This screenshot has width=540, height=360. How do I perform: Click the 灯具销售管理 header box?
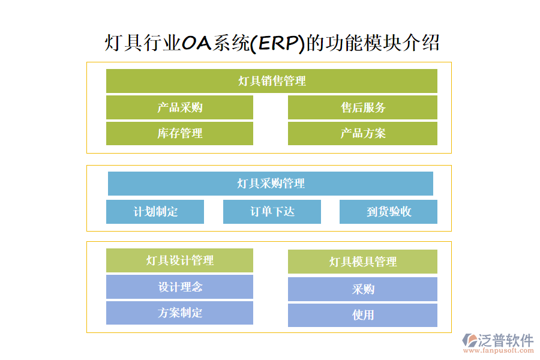pyautogui.click(x=271, y=81)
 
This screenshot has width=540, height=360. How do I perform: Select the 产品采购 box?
pyautogui.click(x=179, y=107)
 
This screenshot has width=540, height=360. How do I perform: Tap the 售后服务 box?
pyautogui.click(x=362, y=107)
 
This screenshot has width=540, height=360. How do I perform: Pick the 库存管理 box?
pyautogui.click(x=179, y=133)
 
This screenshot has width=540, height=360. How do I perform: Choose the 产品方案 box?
pyautogui.click(x=362, y=133)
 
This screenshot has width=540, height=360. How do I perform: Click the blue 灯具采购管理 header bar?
pyautogui.click(x=270, y=184)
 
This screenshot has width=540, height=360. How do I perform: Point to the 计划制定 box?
pyautogui.click(x=155, y=212)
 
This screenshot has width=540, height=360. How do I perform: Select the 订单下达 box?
pyautogui.click(x=272, y=212)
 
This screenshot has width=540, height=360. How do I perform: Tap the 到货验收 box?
pyautogui.click(x=388, y=212)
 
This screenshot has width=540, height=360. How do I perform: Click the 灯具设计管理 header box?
pyautogui.click(x=179, y=260)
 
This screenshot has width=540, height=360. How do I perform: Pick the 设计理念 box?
pyautogui.click(x=179, y=287)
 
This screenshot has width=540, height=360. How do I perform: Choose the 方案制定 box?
pyautogui.click(x=179, y=313)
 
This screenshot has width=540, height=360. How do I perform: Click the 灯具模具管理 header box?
pyautogui.click(x=362, y=262)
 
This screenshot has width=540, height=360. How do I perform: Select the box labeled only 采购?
pyautogui.click(x=362, y=289)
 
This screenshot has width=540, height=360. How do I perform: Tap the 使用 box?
pyautogui.click(x=362, y=315)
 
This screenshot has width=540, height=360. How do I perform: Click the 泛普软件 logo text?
pyautogui.click(x=505, y=340)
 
